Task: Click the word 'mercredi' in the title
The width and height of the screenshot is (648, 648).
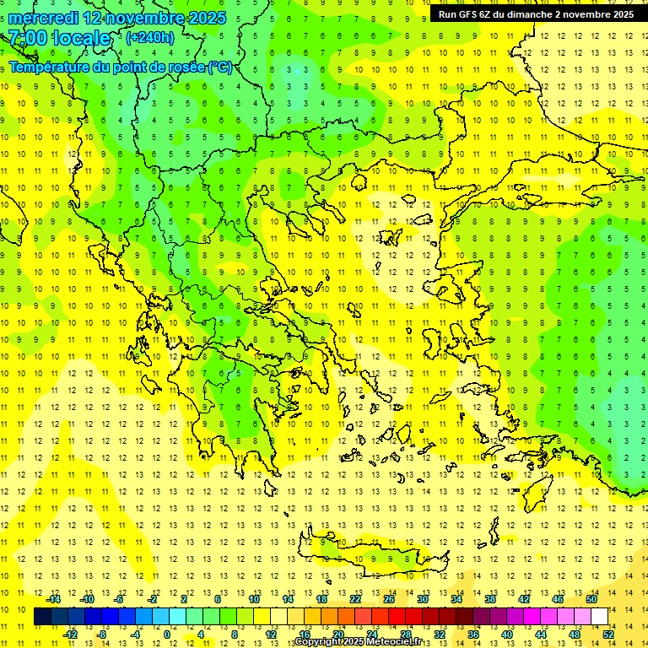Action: point(44,17)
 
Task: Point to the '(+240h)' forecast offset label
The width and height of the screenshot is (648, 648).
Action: point(149,37)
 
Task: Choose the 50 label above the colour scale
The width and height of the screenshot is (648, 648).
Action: point(591,599)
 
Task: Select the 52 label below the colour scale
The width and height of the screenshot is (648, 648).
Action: point(608,634)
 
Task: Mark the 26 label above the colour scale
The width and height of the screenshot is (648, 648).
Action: point(389,599)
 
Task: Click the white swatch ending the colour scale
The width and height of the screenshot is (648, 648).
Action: point(599,616)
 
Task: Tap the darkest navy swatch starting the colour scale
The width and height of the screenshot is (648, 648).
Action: point(42,616)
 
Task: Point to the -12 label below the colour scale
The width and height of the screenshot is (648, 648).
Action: point(70,634)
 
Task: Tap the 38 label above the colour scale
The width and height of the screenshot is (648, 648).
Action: point(490,599)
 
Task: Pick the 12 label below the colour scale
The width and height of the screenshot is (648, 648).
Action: point(270,634)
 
